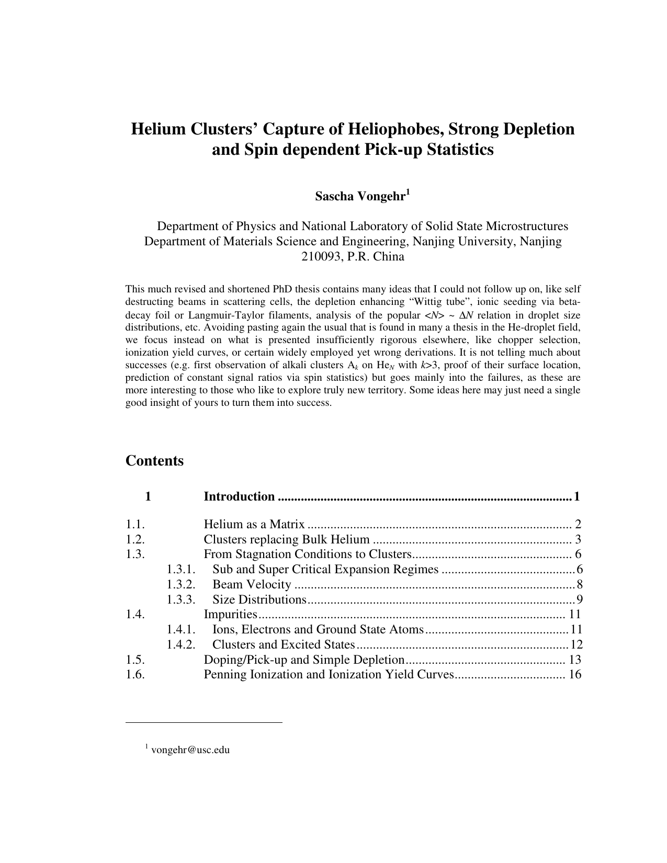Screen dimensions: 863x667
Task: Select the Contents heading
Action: click(154, 461)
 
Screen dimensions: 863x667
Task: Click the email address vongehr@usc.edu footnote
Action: click(190, 750)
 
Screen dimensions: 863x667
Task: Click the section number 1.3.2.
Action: click(181, 584)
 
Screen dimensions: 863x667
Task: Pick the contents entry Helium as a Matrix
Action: click(254, 524)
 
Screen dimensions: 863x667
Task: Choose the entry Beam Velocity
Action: click(251, 584)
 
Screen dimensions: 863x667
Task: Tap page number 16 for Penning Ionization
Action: click(575, 674)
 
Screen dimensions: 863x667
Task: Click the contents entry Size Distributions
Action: click(259, 599)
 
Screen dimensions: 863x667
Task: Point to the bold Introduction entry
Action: click(239, 496)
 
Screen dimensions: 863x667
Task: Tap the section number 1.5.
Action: click(135, 660)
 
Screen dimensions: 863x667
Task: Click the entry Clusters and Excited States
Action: click(283, 644)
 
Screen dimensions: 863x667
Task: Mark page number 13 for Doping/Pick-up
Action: click(575, 660)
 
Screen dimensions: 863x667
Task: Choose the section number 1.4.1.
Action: click(181, 629)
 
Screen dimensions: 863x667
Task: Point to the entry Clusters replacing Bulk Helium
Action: click(286, 539)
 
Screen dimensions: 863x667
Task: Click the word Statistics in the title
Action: click(455, 150)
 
